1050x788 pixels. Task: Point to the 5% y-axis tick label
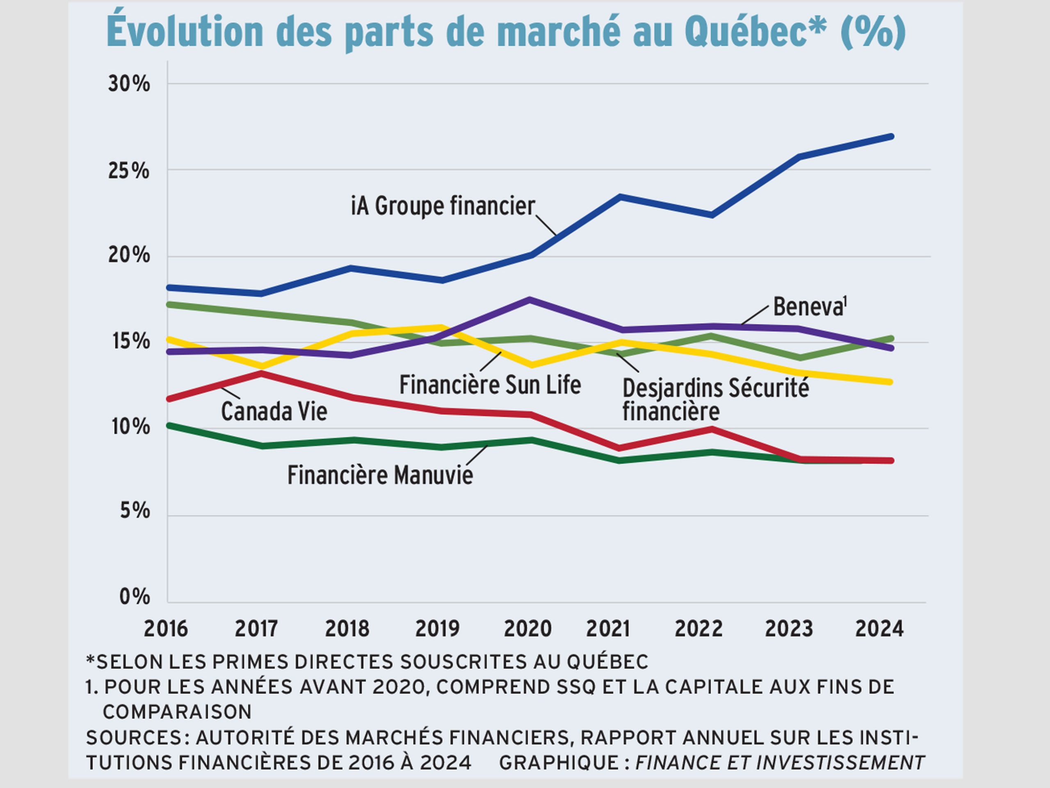(135, 511)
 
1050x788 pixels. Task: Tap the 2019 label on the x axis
(437, 628)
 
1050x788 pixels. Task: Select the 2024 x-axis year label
(879, 628)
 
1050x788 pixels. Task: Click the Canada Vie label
(274, 411)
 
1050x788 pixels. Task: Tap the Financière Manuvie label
(380, 475)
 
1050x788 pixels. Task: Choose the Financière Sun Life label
(490, 385)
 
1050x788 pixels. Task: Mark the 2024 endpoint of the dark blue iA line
(891, 137)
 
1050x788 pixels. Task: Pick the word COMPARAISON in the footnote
(177, 712)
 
